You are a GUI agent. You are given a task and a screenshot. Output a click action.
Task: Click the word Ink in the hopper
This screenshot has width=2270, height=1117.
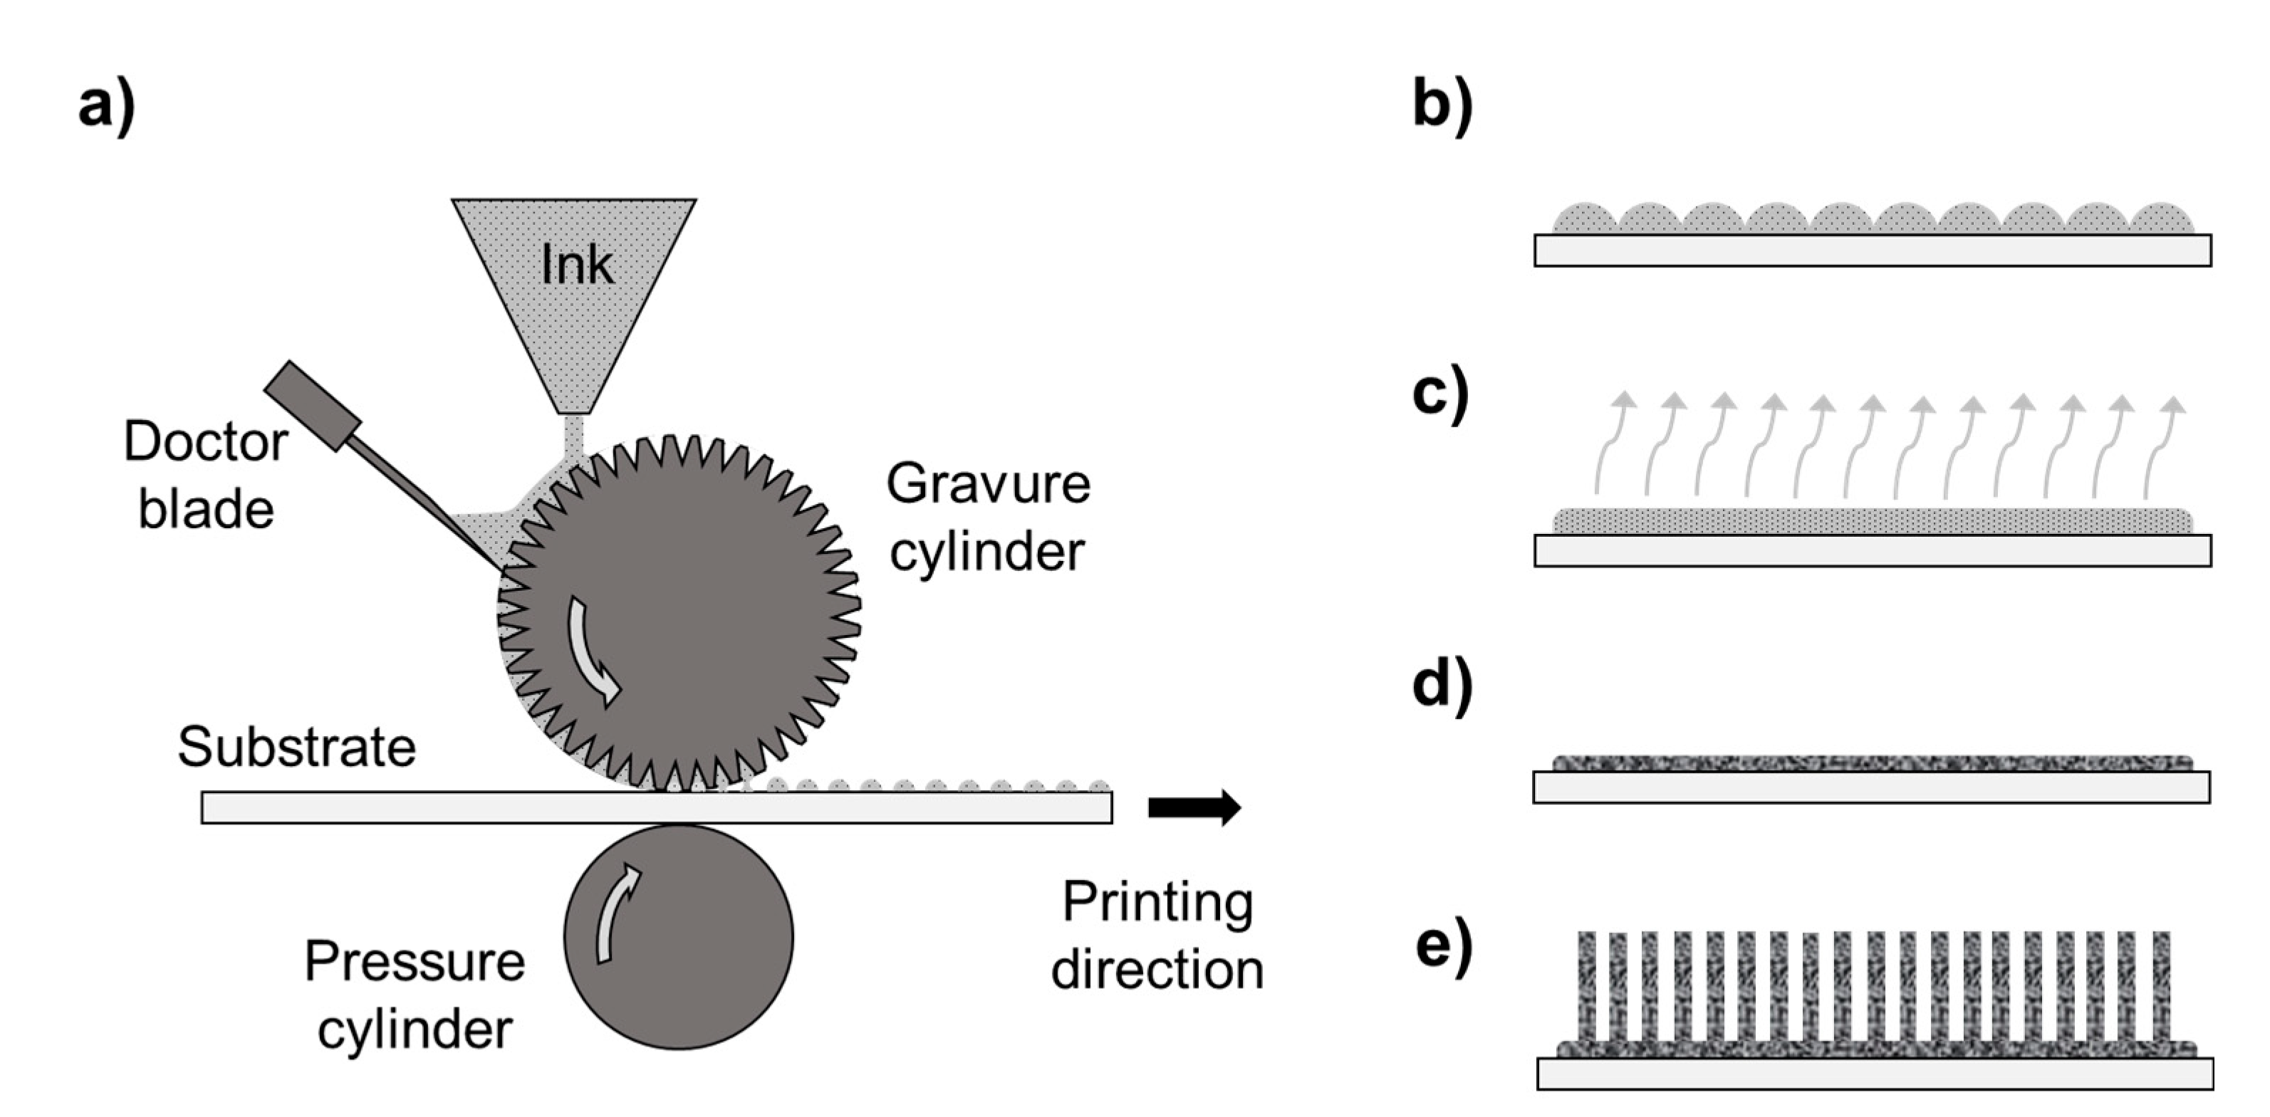(x=576, y=263)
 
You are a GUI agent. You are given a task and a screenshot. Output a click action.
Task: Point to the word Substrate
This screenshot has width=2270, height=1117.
(x=296, y=748)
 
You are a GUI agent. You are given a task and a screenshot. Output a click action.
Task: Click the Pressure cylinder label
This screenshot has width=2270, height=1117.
(x=414, y=995)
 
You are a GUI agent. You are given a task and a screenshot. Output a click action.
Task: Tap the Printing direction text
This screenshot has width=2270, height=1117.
(x=1157, y=935)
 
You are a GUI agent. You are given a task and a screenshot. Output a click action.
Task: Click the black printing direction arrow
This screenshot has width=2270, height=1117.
(x=1194, y=807)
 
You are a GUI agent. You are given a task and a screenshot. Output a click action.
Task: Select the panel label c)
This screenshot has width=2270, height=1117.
(x=1440, y=394)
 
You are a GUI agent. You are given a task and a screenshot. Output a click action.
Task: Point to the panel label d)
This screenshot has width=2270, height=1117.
(x=1442, y=686)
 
